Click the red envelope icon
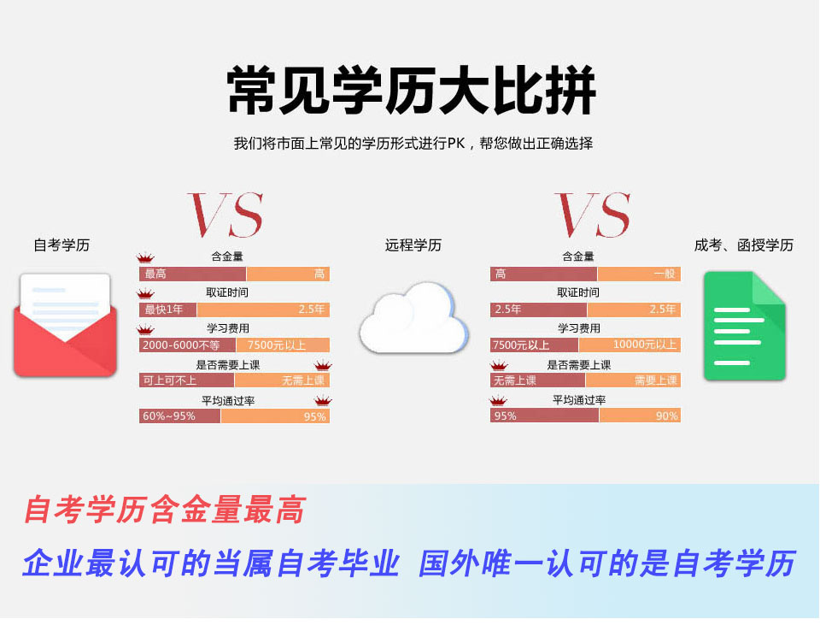65,325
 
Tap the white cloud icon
413,318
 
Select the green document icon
745,326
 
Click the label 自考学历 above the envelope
61,245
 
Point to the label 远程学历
413,245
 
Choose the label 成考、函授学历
744,245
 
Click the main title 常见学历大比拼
411,90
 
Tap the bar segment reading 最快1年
168,310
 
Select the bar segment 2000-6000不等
188,345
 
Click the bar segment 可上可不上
187,380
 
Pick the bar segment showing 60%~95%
180,416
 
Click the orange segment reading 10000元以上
630,345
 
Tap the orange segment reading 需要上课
633,380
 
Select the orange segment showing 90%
640,416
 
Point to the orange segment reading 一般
639,274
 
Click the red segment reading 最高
192,274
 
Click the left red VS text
225,215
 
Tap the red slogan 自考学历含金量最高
165,510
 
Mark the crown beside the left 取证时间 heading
145,293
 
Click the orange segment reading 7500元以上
283,345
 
